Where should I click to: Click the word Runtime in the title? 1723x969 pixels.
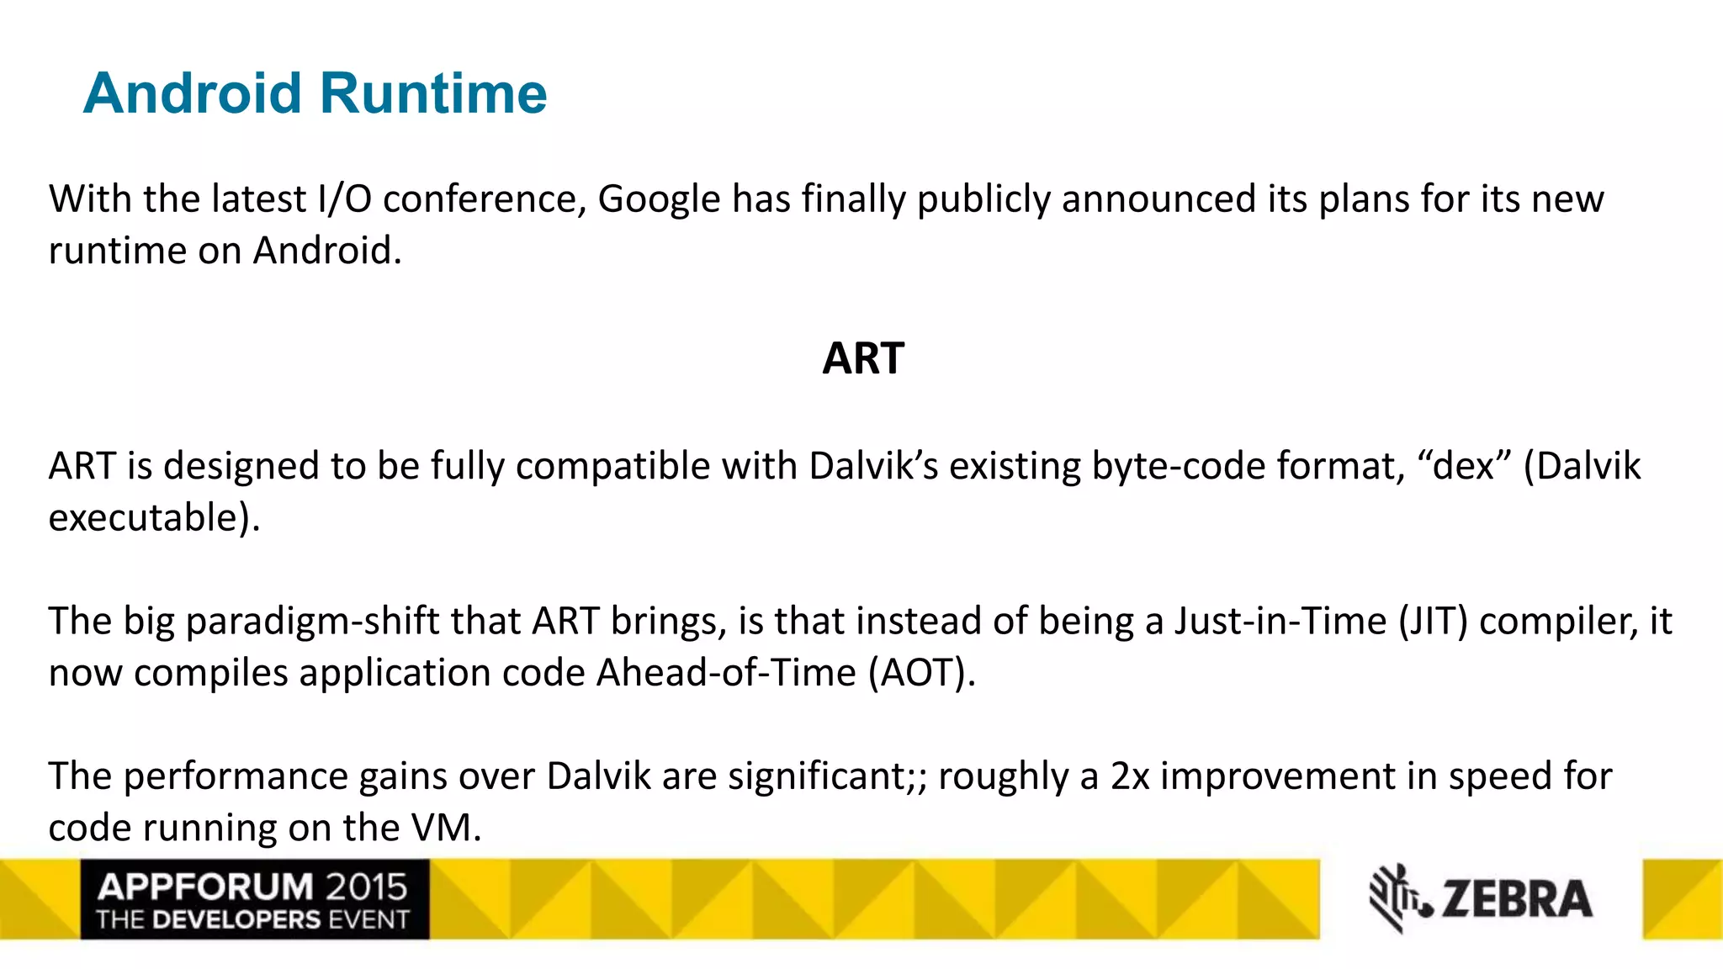tap(433, 93)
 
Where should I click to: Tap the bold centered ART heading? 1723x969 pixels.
tap(862, 359)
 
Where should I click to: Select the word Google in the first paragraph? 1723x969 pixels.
tap(659, 200)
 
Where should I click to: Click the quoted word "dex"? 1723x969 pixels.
tap(1464, 466)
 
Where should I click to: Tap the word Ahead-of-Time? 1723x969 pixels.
tap(726, 673)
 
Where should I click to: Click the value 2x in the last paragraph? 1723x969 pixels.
tap(1129, 776)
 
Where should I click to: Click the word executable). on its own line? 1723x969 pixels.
tap(154, 518)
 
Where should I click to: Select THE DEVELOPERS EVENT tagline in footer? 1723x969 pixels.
tap(252, 919)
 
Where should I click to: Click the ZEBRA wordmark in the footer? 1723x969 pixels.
tap(1517, 899)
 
